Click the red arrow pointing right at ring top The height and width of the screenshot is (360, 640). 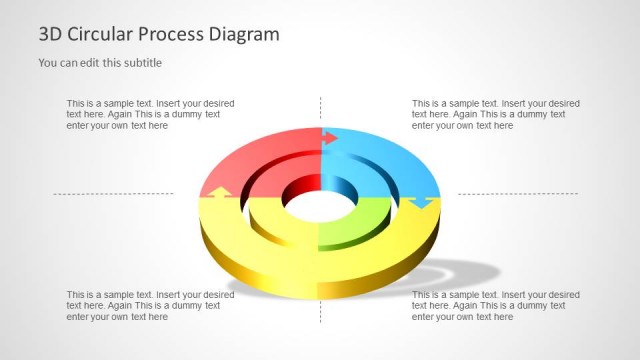point(331,138)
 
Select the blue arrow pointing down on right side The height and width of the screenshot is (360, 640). point(418,203)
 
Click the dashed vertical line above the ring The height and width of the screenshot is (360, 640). point(320,110)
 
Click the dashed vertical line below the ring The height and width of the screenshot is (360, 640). point(320,310)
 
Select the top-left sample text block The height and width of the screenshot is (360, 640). point(150,114)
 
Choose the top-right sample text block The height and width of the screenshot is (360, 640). point(495,114)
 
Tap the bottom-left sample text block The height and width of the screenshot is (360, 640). point(150,305)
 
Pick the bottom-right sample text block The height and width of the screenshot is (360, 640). point(495,305)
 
